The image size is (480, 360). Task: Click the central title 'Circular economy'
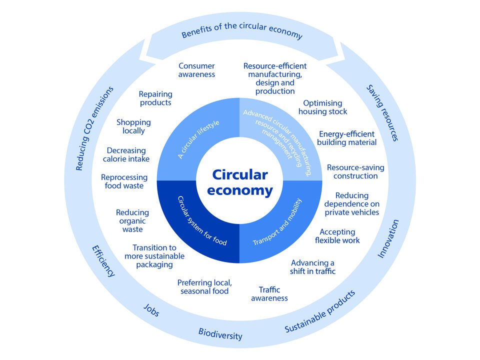[240, 182]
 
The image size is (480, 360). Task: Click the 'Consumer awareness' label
[196, 70]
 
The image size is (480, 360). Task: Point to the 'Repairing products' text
[155, 98]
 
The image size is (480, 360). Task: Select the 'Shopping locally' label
[133, 126]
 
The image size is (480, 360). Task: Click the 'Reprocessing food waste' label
[124, 181]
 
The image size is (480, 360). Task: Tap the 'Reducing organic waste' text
[132, 221]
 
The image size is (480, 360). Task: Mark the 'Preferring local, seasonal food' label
[204, 287]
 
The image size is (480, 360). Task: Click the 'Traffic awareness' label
[269, 294]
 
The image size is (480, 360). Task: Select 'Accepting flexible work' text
[337, 236]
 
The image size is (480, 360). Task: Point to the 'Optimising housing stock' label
[323, 107]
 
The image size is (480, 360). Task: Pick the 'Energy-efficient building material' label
[346, 138]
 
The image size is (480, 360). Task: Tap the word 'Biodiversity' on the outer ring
[220, 333]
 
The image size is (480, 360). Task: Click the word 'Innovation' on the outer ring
[387, 239]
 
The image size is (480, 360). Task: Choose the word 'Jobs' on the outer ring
[151, 310]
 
